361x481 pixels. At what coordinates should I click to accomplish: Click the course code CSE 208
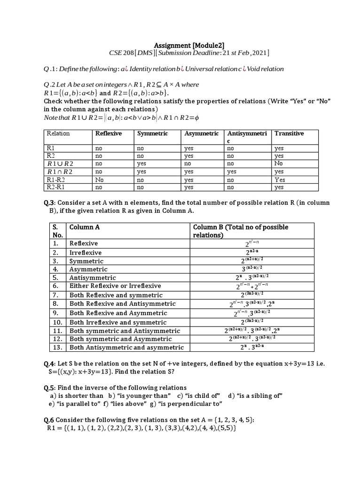(x=120, y=53)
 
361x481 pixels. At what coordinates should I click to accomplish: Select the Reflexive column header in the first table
(x=108, y=133)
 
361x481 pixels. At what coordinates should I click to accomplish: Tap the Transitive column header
(x=289, y=133)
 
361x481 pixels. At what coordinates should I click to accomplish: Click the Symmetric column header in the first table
(x=152, y=133)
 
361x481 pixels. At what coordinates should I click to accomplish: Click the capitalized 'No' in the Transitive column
(x=279, y=163)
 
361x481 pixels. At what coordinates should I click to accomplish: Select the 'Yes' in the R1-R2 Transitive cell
(x=280, y=179)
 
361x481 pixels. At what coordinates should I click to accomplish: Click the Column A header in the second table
(x=85, y=227)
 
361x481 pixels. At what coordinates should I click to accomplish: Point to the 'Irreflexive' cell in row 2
(x=86, y=252)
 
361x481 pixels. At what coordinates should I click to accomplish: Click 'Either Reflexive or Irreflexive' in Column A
(x=115, y=286)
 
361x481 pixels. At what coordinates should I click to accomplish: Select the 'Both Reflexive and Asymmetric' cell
(x=116, y=313)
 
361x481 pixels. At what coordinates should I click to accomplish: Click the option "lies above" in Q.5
(x=128, y=403)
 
